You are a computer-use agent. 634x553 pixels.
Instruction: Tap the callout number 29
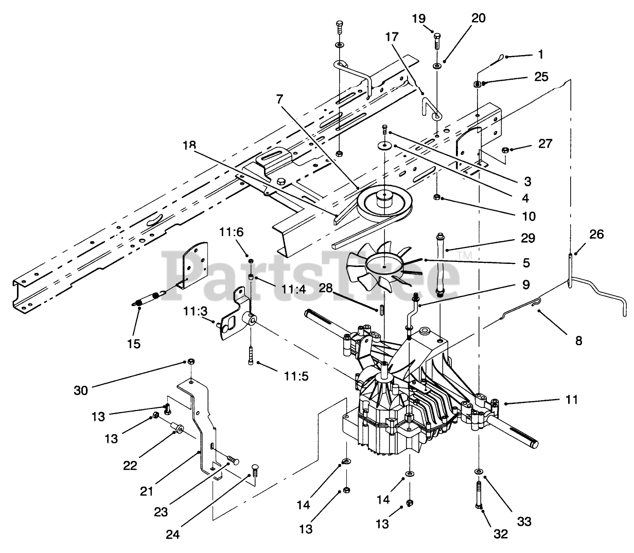click(x=527, y=238)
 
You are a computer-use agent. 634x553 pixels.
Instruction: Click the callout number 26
click(x=596, y=235)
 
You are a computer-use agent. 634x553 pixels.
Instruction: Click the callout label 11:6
click(x=232, y=231)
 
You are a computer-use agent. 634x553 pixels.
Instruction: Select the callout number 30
click(x=81, y=390)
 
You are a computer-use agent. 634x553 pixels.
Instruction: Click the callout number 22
click(x=130, y=465)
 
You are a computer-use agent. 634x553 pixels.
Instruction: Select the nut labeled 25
click(x=478, y=84)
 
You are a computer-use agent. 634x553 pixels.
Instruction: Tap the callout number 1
click(x=541, y=55)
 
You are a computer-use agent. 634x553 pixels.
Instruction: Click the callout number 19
click(x=419, y=19)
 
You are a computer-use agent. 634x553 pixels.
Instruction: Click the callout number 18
click(x=189, y=145)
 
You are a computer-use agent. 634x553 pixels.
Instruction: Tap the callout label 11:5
click(x=296, y=376)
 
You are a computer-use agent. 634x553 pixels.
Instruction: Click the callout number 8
click(x=578, y=341)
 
